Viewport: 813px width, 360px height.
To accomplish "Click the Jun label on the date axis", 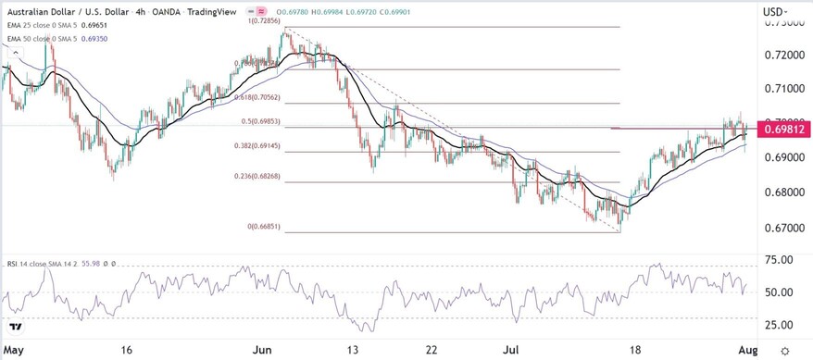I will pos(263,351).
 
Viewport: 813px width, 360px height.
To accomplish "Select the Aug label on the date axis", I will pos(746,351).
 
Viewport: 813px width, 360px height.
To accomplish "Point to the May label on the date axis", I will pos(12,351).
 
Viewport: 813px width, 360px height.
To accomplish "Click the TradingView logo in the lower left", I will pos(16,327).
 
